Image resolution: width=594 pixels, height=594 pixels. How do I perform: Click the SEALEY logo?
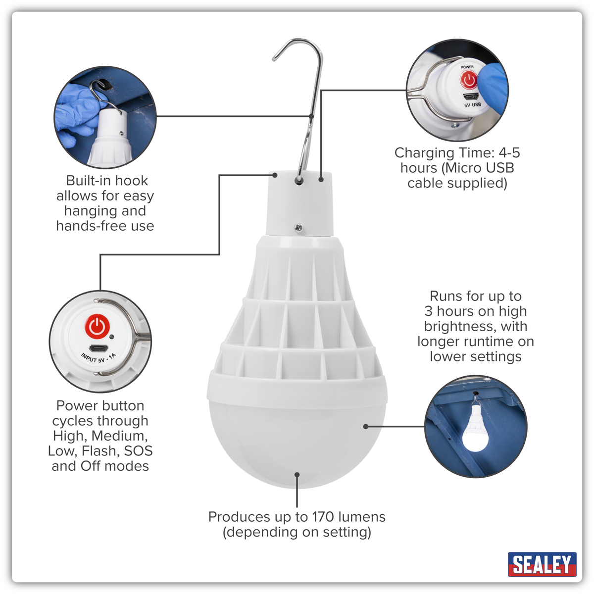[542, 564]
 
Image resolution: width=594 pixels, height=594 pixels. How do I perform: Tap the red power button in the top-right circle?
[468, 80]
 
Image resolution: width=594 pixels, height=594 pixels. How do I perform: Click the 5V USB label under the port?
[472, 105]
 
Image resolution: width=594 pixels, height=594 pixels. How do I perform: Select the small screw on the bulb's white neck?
[298, 228]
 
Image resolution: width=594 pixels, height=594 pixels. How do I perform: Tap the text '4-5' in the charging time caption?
[508, 152]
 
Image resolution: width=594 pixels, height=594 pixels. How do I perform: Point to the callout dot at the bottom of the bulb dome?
[297, 475]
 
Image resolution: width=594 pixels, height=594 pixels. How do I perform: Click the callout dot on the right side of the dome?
[366, 426]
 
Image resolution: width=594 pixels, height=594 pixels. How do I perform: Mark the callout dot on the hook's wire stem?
[311, 116]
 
